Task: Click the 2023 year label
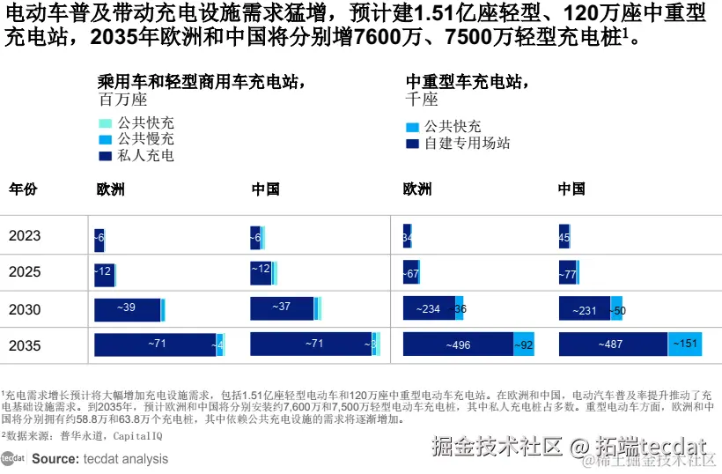tap(25, 235)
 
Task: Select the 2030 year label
tap(25, 309)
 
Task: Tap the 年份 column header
tap(23, 189)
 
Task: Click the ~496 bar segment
tap(458, 344)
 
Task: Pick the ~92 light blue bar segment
tap(524, 344)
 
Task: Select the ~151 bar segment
tap(685, 344)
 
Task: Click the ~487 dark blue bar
tap(613, 344)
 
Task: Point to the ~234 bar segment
tap(428, 308)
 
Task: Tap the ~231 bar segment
tap(584, 309)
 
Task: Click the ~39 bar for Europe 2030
tap(127, 308)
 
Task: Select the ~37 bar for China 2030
tap(282, 307)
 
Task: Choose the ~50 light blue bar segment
tap(617, 309)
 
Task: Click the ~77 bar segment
tap(568, 273)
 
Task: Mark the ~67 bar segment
tap(411, 273)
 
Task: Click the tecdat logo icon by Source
tap(12, 458)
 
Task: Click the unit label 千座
tap(422, 100)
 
